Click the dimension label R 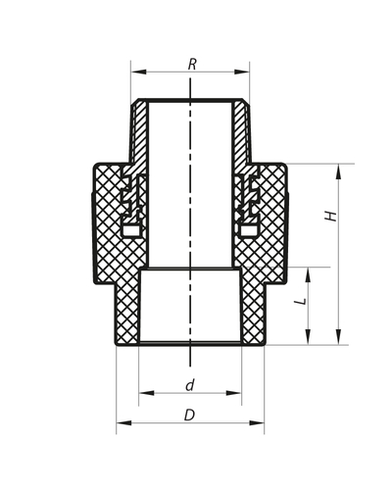(x=192, y=64)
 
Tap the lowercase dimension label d (x=189, y=385)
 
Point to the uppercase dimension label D (x=189, y=416)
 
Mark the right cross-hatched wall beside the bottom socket (x=252, y=309)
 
